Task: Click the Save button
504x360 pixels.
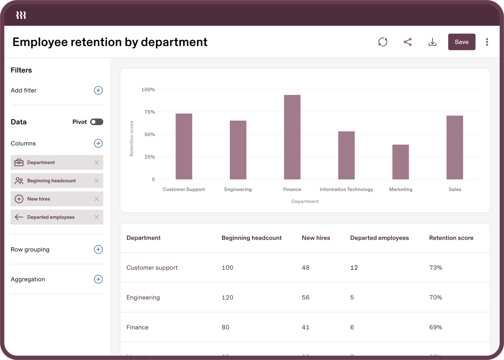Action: (461, 42)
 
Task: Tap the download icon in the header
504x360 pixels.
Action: (432, 42)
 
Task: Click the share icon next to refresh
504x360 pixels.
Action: (407, 42)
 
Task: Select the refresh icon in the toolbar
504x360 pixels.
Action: (383, 42)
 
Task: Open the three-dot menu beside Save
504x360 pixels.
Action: (487, 42)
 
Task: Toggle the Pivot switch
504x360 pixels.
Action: (97, 122)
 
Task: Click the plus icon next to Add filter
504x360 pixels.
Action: (98, 91)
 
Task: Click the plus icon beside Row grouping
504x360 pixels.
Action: (98, 249)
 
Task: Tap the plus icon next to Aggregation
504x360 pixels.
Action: (98, 279)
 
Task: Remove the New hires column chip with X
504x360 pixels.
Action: (97, 199)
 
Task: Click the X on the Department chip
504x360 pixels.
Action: (97, 163)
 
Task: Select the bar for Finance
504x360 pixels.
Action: (292, 137)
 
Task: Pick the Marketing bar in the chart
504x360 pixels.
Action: (400, 162)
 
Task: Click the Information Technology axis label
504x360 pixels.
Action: (346, 189)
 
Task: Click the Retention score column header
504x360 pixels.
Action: (451, 238)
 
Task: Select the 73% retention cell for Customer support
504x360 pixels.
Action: (436, 268)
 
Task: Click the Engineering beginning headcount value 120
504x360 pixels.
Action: (227, 298)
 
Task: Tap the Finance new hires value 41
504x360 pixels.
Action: (306, 327)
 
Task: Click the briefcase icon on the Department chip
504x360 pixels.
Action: (19, 163)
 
